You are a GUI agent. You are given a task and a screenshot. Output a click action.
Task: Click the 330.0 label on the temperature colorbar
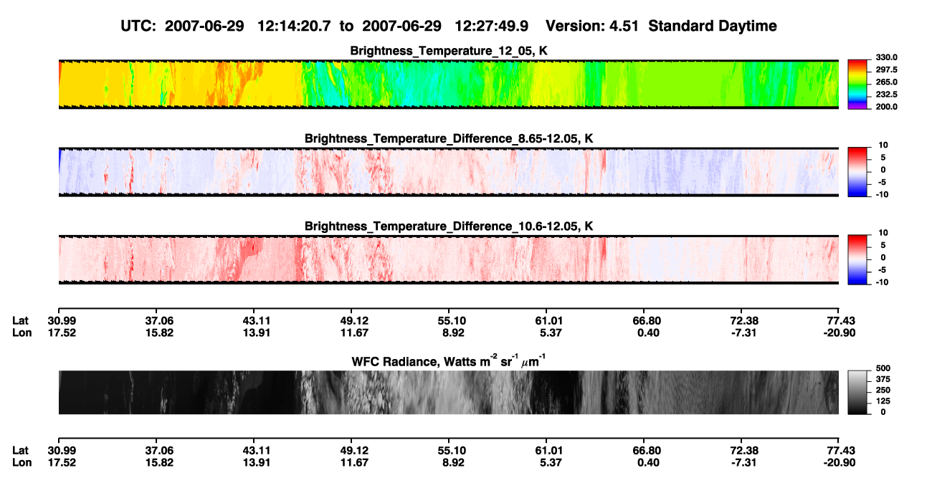pyautogui.click(x=886, y=57)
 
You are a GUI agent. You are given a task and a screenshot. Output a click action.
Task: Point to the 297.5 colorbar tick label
pyautogui.click(x=886, y=70)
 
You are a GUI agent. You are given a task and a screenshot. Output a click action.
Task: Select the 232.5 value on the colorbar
pyautogui.click(x=886, y=95)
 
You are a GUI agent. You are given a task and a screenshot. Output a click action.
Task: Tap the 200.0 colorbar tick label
pyautogui.click(x=886, y=107)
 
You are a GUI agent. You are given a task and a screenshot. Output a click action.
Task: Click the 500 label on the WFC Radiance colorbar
pyautogui.click(x=883, y=368)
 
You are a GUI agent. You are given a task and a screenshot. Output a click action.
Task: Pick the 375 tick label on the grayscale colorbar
pyautogui.click(x=883, y=379)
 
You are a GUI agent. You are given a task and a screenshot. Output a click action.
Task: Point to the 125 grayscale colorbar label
pyautogui.click(x=883, y=401)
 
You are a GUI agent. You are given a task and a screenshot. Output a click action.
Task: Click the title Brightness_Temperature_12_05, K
pyautogui.click(x=449, y=51)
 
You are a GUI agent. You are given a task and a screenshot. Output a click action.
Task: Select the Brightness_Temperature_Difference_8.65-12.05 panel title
pyautogui.click(x=449, y=138)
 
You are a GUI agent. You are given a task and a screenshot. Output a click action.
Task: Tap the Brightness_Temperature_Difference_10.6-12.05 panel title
pyautogui.click(x=449, y=226)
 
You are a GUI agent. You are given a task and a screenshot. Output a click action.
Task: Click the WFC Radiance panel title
pyautogui.click(x=449, y=361)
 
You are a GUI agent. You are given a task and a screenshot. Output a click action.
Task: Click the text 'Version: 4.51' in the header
pyautogui.click(x=591, y=27)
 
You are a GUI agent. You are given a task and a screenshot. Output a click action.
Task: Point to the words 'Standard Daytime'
pyautogui.click(x=713, y=27)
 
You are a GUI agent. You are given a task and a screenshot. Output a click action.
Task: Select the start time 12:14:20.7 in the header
pyautogui.click(x=294, y=27)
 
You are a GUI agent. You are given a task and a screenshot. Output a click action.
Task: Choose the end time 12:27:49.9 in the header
pyautogui.click(x=491, y=27)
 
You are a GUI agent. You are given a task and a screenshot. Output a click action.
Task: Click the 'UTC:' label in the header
pyautogui.click(x=138, y=27)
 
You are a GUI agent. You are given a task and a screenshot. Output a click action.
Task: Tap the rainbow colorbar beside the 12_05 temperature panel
pyautogui.click(x=857, y=85)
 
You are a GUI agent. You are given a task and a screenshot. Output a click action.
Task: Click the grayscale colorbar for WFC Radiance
pyautogui.click(x=857, y=392)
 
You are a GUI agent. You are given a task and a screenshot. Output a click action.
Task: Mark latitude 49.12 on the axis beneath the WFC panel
pyautogui.click(x=354, y=451)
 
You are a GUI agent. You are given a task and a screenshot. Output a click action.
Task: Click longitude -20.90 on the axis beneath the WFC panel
pyautogui.click(x=840, y=463)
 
